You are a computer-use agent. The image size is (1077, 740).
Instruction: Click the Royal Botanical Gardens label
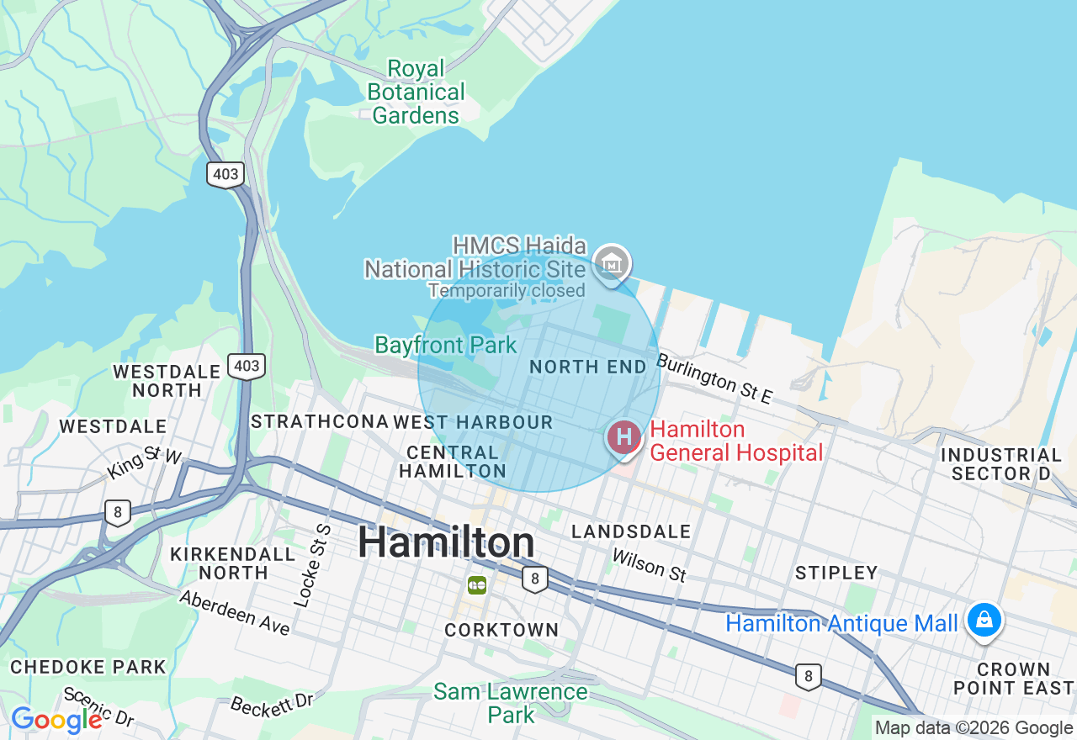[416, 92]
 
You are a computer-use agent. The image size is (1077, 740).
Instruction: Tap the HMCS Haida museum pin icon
[612, 263]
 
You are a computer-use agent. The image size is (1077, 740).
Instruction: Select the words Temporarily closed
[506, 291]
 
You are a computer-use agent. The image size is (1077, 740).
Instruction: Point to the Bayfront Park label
[445, 345]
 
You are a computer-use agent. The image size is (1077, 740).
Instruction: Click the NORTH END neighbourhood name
[588, 367]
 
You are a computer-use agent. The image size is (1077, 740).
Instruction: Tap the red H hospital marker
[623, 437]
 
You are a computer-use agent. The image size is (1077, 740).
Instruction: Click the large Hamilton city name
[446, 542]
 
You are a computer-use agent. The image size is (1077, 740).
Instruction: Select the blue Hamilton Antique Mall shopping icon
[983, 621]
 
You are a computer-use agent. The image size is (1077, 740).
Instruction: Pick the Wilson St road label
[649, 565]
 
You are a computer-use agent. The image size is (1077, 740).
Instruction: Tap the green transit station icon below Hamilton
[477, 584]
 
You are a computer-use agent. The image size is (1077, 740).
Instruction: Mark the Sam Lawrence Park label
[511, 703]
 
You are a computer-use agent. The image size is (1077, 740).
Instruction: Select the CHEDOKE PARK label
[88, 667]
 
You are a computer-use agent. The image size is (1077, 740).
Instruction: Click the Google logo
[56, 720]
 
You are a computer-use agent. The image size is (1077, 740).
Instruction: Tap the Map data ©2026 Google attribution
[974, 728]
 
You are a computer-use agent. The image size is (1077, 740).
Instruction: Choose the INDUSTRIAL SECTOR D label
[1001, 464]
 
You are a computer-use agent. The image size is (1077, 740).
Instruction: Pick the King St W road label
[145, 463]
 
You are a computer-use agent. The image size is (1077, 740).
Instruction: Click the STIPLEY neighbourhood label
[836, 573]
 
